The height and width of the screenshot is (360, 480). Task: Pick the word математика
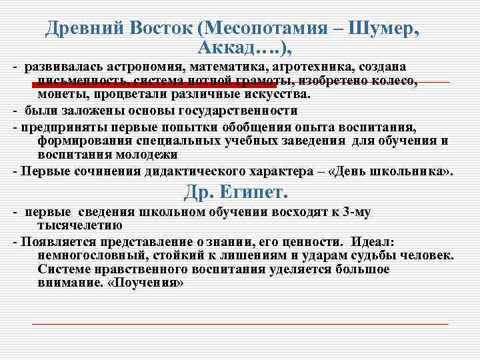pos(230,68)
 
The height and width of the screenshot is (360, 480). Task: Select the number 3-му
pos(357,213)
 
